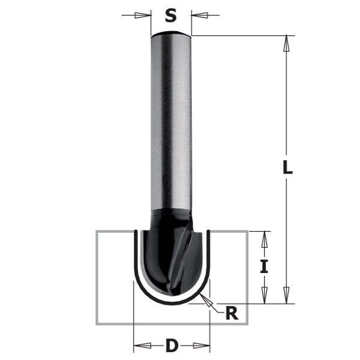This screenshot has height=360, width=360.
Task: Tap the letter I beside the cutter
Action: click(263, 266)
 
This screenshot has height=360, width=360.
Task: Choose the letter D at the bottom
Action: click(172, 346)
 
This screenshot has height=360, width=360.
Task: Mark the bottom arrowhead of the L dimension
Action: click(287, 296)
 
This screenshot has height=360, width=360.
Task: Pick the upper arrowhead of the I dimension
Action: click(263, 238)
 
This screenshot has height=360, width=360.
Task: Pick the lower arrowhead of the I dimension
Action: click(263, 296)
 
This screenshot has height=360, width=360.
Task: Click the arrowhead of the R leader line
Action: click(206, 299)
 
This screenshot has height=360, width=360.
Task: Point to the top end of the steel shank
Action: click(171, 34)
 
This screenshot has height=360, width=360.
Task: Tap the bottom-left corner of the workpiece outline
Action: click(97, 323)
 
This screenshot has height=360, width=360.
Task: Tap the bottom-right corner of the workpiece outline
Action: click(248, 323)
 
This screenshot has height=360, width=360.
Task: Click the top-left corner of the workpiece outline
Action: click(97, 231)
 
